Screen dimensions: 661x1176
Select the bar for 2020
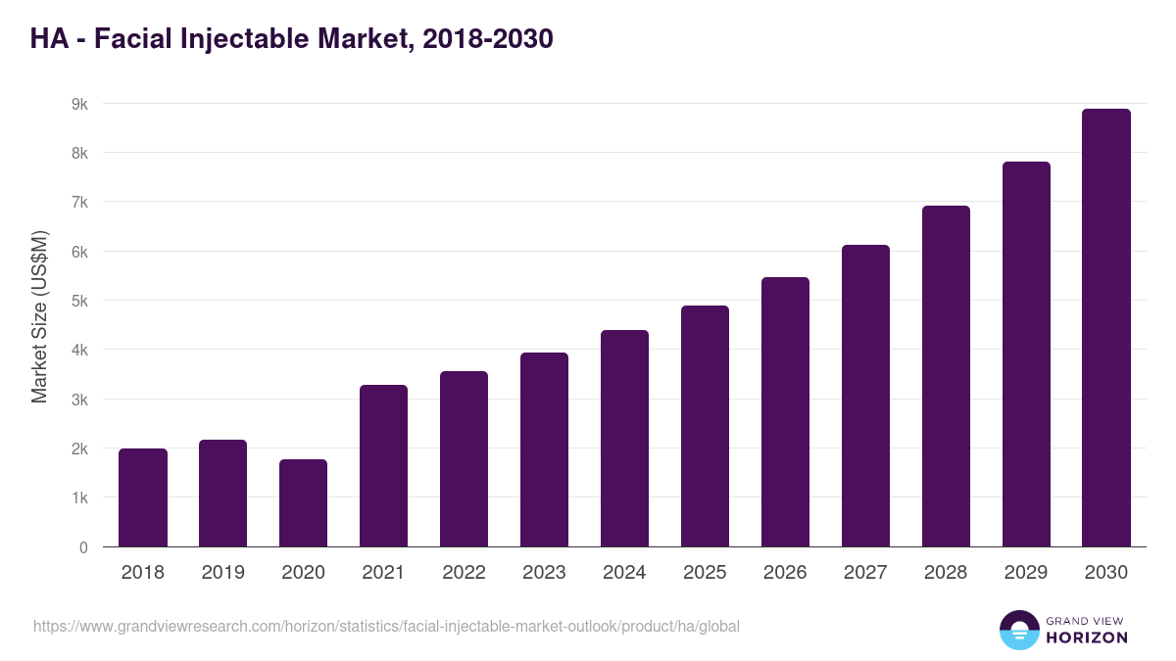pyautogui.click(x=303, y=503)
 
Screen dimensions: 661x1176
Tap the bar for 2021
pyautogui.click(x=383, y=466)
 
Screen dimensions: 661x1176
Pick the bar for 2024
pyautogui.click(x=624, y=439)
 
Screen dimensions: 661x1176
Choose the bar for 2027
pyautogui.click(x=865, y=396)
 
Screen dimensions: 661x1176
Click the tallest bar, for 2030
pyautogui.click(x=1106, y=328)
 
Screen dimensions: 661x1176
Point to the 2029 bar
pyautogui.click(x=1026, y=354)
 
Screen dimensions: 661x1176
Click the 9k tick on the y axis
pyautogui.click(x=78, y=104)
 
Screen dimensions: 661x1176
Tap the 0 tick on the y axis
pyautogui.click(x=83, y=547)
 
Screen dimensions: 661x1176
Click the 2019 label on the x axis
pyautogui.click(x=223, y=573)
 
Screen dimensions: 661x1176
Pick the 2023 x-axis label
pyautogui.click(x=544, y=573)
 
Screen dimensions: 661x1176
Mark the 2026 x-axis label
pyautogui.click(x=785, y=573)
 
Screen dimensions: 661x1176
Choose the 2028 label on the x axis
pyautogui.click(x=946, y=573)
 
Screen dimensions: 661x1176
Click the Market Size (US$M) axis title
pyautogui.click(x=39, y=315)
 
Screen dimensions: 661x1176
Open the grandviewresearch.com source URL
pyautogui.click(x=386, y=626)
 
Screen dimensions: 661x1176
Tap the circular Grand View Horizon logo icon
pyautogui.click(x=1018, y=630)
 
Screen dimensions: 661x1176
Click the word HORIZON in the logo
pyautogui.click(x=1087, y=637)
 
